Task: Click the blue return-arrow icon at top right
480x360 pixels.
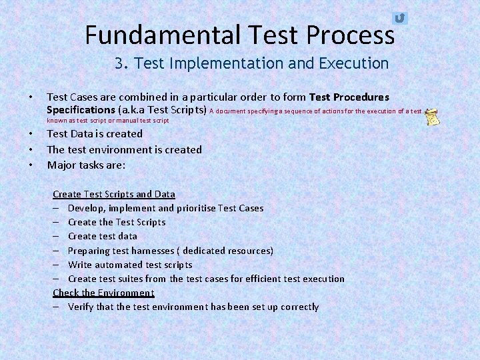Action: tap(399, 18)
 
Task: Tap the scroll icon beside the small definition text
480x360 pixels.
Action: tap(432, 115)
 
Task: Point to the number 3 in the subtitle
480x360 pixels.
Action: tap(119, 63)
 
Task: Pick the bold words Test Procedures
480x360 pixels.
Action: tap(349, 97)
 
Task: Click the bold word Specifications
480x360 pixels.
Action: tap(81, 109)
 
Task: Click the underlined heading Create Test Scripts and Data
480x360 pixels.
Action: tap(114, 194)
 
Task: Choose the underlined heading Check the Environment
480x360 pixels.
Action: tap(103, 293)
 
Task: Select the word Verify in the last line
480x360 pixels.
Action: tap(81, 307)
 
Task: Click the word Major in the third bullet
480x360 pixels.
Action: tap(62, 165)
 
